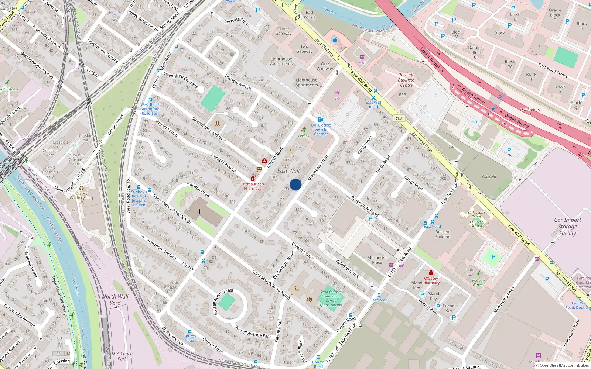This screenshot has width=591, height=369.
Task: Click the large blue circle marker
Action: (x=295, y=184)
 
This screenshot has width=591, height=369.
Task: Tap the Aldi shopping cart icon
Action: (x=362, y=57)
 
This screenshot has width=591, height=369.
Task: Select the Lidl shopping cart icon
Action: (x=337, y=93)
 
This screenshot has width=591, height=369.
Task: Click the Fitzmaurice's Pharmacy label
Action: (x=253, y=186)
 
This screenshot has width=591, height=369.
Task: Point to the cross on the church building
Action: (x=199, y=212)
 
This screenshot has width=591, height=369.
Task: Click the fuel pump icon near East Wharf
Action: (x=335, y=40)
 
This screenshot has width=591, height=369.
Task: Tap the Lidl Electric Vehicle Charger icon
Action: (x=321, y=120)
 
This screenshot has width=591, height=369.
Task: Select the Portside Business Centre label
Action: (x=406, y=80)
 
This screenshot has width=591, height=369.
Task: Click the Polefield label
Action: (x=489, y=177)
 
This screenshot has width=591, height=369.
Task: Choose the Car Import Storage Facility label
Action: (x=567, y=226)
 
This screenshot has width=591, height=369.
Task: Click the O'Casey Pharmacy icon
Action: (x=431, y=273)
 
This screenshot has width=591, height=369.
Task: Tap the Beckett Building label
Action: (x=443, y=234)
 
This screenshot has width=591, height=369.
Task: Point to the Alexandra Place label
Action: (x=377, y=260)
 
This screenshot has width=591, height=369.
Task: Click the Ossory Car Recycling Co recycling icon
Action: (x=81, y=188)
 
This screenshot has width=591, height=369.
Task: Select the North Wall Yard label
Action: (x=115, y=300)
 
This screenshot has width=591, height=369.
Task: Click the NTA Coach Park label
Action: (x=122, y=356)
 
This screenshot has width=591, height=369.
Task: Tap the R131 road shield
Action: (x=399, y=118)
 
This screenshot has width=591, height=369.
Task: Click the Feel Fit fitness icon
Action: (x=304, y=130)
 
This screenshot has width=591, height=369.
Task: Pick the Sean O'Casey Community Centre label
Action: (x=331, y=298)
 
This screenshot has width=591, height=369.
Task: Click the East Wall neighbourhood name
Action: (x=288, y=171)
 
